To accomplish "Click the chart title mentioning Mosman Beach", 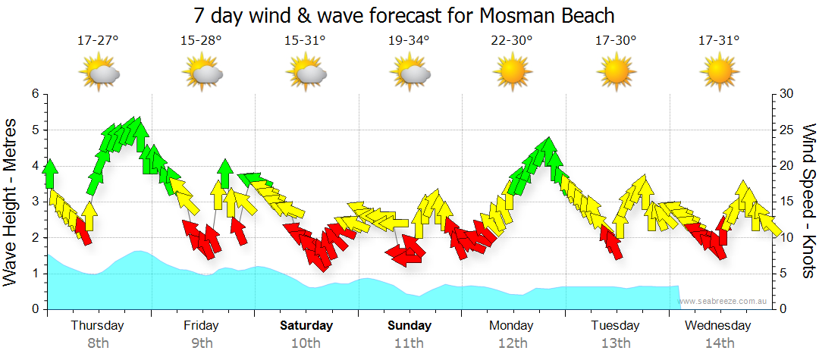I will (403, 15).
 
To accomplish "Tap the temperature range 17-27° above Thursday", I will (98, 40).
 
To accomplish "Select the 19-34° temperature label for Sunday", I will (409, 40).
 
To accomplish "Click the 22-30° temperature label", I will (512, 40).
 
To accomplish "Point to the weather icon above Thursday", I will (99, 73).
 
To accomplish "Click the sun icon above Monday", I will (512, 72).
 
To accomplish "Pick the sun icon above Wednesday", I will (719, 72).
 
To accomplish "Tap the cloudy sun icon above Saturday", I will (306, 73).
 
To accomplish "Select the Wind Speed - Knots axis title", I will (808, 201).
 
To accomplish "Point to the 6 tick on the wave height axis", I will (34, 94).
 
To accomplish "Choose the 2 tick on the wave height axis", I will (34, 238).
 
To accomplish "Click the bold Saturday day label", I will (306, 326).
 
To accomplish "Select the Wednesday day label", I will (717, 326).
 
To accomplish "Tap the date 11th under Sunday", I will (409, 343).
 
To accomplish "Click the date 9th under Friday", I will (202, 343).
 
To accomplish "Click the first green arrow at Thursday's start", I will (51, 173).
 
